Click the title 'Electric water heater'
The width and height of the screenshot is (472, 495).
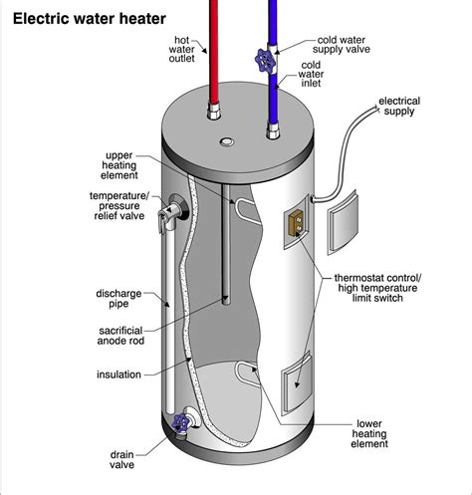[90, 18]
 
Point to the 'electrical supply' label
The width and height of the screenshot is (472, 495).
[398, 106]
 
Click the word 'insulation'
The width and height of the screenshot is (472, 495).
[118, 374]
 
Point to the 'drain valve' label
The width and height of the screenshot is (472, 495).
[122, 461]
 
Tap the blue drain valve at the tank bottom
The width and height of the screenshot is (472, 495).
[181, 423]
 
